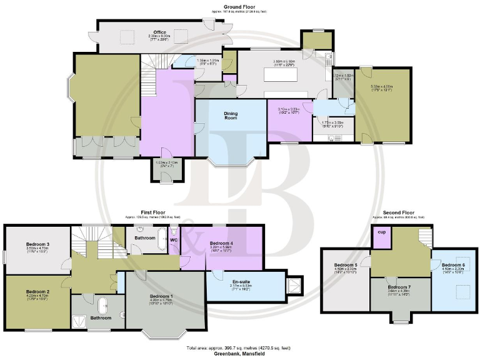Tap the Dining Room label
tap(231, 116)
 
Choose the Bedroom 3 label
tap(37, 244)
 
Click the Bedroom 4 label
tap(221, 242)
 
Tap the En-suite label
tap(232, 282)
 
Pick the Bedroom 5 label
tap(346, 265)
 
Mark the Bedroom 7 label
tap(399, 287)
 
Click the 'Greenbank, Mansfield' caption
tap(240, 354)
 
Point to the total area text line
tap(240, 347)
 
